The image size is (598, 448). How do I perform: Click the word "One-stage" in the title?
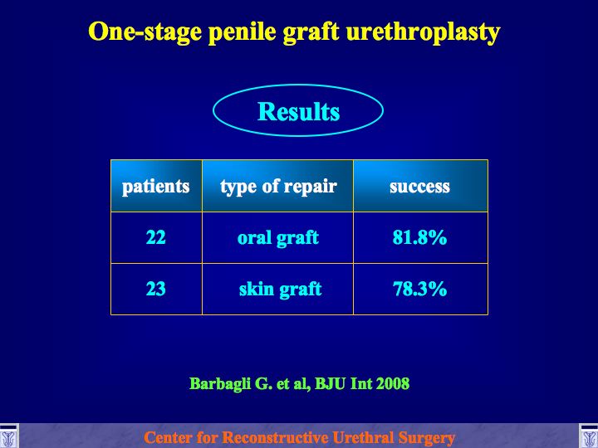click(145, 32)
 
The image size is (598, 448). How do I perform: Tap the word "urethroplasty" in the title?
click(423, 32)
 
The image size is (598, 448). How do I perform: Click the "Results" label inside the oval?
click(299, 112)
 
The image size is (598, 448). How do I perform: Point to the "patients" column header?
click(156, 187)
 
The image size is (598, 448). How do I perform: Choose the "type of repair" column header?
click(278, 187)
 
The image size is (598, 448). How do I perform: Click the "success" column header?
click(420, 187)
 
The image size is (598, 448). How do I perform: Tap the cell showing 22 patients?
click(156, 237)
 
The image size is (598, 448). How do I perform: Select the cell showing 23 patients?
click(156, 289)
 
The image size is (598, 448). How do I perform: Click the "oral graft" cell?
click(278, 238)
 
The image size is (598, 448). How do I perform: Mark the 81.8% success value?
click(419, 237)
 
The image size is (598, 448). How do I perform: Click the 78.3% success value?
click(419, 289)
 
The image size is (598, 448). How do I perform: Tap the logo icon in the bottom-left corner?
click(8, 436)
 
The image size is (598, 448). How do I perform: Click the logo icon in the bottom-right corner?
click(589, 436)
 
